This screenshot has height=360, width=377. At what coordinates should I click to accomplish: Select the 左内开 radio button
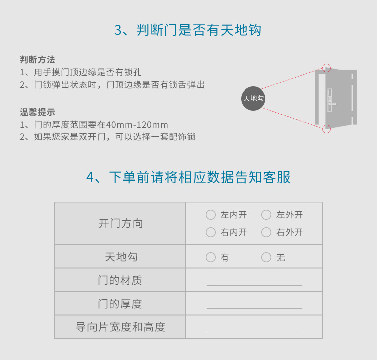pyautogui.click(x=211, y=215)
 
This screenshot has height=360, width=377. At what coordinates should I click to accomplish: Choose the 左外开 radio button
pyautogui.click(x=266, y=215)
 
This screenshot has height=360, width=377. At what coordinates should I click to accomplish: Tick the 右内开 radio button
pyautogui.click(x=211, y=232)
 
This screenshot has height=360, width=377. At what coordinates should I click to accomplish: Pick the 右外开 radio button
pyautogui.click(x=266, y=232)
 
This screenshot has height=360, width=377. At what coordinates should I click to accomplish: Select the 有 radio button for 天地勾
pyautogui.click(x=211, y=257)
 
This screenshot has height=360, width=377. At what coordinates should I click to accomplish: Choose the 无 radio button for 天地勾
pyautogui.click(x=266, y=257)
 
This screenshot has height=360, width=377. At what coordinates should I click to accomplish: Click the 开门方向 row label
pyautogui.click(x=121, y=223)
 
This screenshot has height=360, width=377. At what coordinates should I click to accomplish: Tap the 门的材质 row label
pyautogui.click(x=120, y=280)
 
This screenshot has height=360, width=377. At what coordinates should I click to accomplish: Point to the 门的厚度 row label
pyautogui.click(x=120, y=304)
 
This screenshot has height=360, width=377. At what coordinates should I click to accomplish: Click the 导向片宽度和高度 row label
pyautogui.click(x=121, y=327)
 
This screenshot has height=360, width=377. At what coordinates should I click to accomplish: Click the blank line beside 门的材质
pyautogui.click(x=254, y=285)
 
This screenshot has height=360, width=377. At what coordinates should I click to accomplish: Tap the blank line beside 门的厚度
pyautogui.click(x=254, y=308)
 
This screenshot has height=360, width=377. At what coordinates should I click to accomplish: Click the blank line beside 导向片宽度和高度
pyautogui.click(x=254, y=332)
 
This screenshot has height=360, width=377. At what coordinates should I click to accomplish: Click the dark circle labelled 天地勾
pyautogui.click(x=253, y=99)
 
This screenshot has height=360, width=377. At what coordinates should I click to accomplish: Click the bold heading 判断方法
pyautogui.click(x=37, y=60)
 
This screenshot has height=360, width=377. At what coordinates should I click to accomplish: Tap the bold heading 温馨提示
pyautogui.click(x=37, y=112)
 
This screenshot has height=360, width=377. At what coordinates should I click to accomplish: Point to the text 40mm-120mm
pyautogui.click(x=137, y=125)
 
